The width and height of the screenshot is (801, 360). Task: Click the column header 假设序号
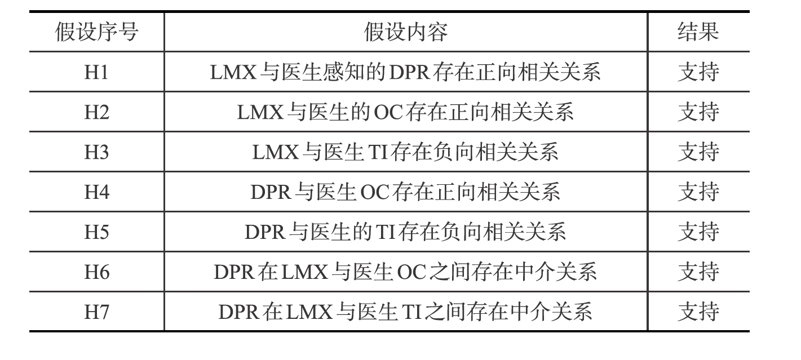tap(96, 32)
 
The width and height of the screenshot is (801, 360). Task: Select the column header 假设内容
tap(405, 32)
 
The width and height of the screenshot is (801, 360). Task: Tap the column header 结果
tap(698, 32)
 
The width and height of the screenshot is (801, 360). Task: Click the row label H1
tap(96, 72)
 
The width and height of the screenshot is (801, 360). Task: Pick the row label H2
tap(96, 112)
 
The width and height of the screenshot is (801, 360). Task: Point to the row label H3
tap(96, 152)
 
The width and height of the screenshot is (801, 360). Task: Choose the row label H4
tap(96, 192)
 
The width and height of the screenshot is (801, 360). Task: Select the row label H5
tap(96, 232)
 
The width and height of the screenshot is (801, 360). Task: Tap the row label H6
tap(96, 273)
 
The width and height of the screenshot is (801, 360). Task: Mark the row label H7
tap(96, 312)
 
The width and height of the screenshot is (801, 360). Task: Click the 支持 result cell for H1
tap(698, 72)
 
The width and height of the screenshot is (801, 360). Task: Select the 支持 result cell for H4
tap(698, 192)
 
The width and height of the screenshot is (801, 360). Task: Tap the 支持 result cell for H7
tap(698, 312)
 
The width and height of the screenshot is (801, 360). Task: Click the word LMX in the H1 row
tap(233, 72)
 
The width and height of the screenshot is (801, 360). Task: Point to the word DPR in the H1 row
tap(409, 72)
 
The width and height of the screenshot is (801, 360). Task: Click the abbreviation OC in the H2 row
tap(388, 112)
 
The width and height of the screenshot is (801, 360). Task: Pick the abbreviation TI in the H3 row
tap(378, 152)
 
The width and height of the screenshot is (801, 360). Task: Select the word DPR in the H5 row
tap(264, 232)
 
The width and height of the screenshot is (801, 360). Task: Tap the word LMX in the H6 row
tap(304, 273)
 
